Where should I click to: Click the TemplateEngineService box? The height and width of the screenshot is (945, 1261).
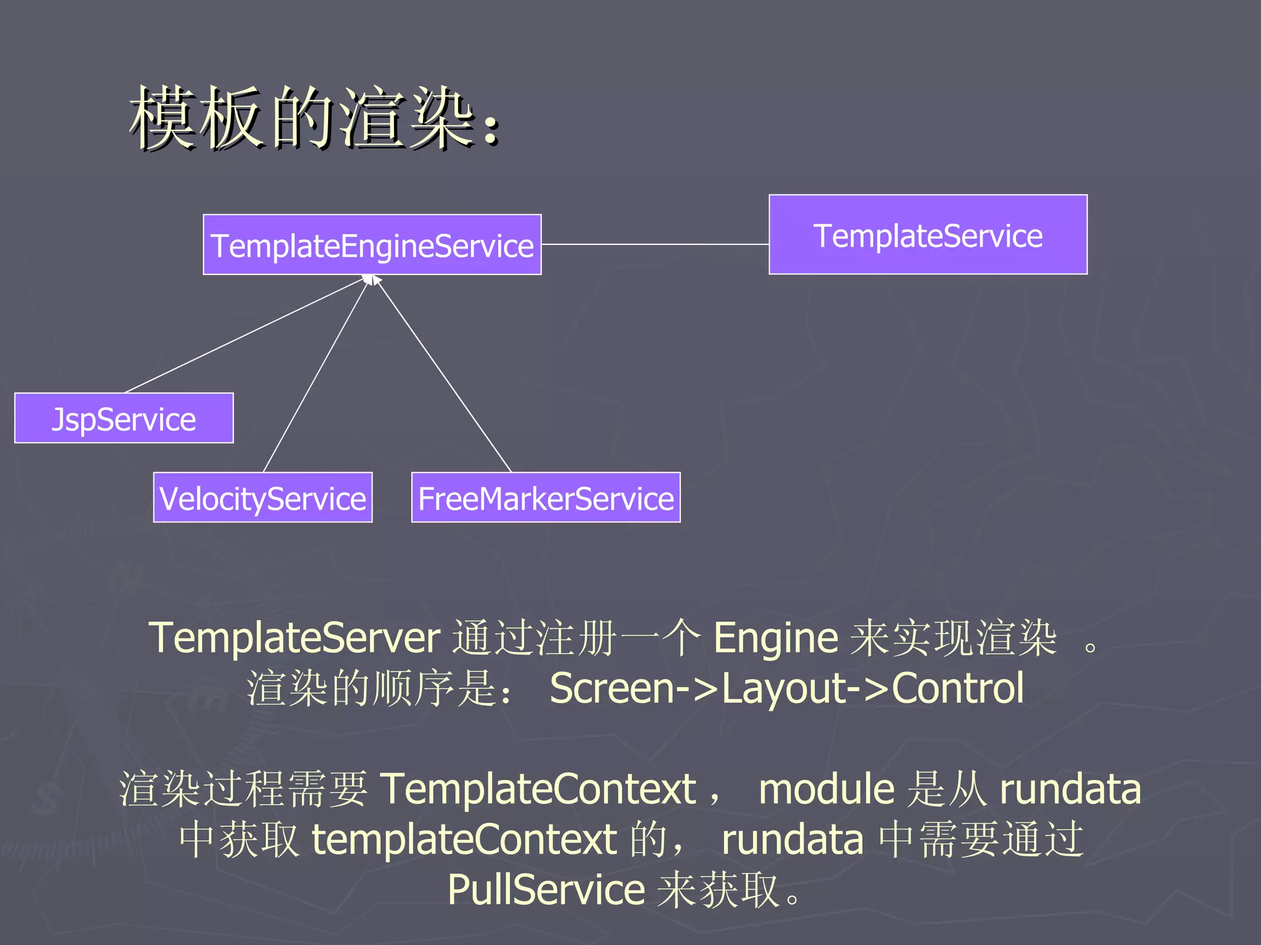(x=372, y=245)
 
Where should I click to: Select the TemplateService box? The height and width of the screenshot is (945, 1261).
(x=927, y=234)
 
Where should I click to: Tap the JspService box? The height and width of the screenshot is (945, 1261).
(x=124, y=418)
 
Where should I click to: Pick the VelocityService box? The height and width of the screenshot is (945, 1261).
(x=262, y=498)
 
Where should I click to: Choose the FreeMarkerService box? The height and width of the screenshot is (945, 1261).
(x=546, y=498)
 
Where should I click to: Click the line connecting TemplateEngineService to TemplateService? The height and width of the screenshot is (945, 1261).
(x=655, y=244)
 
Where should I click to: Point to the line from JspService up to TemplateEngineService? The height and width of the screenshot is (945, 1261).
(x=243, y=335)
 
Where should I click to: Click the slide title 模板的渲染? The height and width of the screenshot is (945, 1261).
(x=314, y=118)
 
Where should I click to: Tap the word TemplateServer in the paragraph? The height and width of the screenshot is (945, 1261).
(x=294, y=638)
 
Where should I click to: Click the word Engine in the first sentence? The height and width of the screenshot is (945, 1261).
(x=775, y=638)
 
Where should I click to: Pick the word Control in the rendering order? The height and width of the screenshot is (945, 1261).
(x=957, y=688)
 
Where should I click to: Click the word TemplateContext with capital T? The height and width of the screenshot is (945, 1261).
(x=537, y=789)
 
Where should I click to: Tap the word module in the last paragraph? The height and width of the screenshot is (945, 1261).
(x=826, y=789)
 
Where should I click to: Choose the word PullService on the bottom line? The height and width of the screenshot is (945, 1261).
(x=546, y=890)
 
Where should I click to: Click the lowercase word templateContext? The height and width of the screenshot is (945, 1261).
(x=464, y=840)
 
